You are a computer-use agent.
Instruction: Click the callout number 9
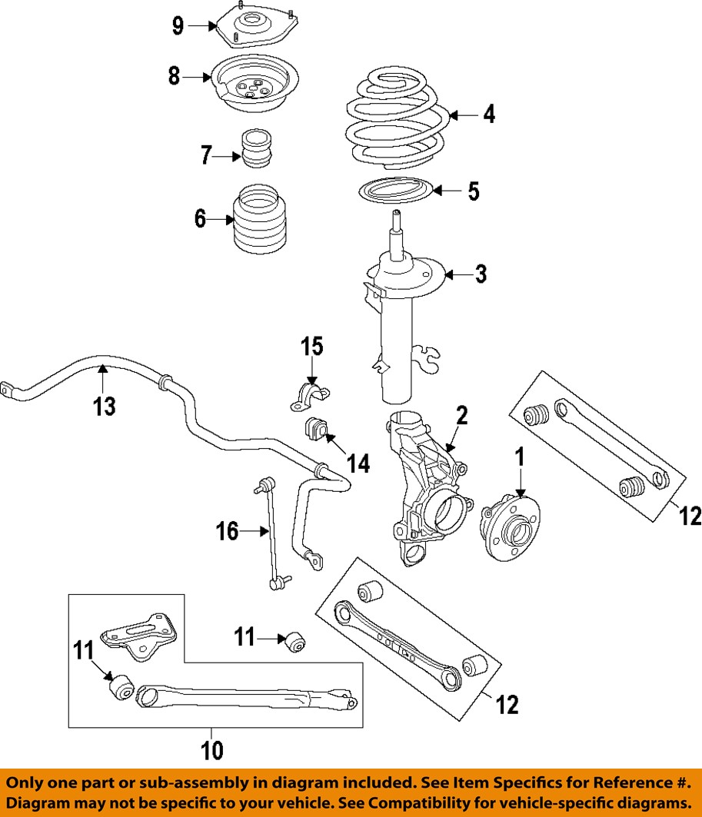pyautogui.click(x=178, y=26)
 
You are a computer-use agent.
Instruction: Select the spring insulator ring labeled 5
pyautogui.click(x=395, y=189)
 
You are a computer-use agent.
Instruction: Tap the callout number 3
pyautogui.click(x=481, y=274)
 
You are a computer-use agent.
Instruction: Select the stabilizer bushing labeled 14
pyautogui.click(x=316, y=428)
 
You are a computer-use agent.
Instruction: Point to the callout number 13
pyautogui.click(x=105, y=405)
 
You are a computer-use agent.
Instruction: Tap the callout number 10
pyautogui.click(x=212, y=749)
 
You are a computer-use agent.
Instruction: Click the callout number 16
pyautogui.click(x=227, y=530)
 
